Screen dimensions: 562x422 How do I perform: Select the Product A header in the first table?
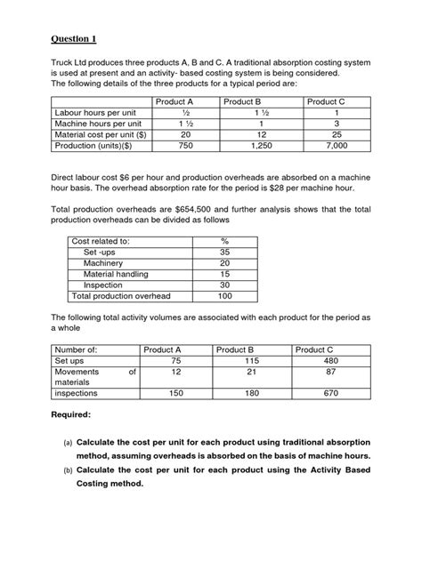tap(174, 102)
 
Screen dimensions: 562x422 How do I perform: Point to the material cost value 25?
tap(323, 134)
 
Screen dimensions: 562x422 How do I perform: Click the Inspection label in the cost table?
tap(103, 285)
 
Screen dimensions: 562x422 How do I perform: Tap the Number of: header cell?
tap(77, 350)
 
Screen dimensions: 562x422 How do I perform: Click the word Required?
tap(76, 415)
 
